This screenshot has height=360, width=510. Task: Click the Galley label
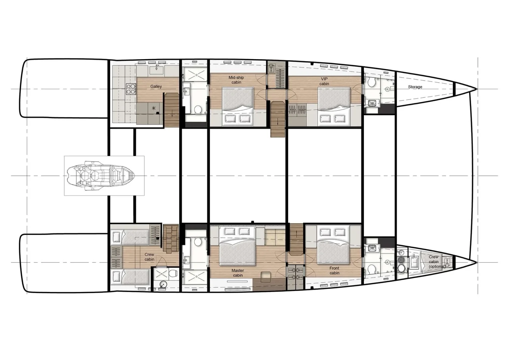tap(156, 87)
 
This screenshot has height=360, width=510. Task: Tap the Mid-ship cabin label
tap(236, 80)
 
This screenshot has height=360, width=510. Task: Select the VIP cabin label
tap(324, 81)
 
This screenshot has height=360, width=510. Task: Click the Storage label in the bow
tap(415, 87)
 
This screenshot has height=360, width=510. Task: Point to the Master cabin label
tap(238, 273)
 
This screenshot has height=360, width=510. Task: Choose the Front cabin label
tap(334, 270)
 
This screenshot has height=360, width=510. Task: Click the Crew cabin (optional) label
tap(435, 261)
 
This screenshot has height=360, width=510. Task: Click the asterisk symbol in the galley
tap(154, 108)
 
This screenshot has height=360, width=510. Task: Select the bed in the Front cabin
tap(333, 246)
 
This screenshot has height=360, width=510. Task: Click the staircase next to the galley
tap(172, 109)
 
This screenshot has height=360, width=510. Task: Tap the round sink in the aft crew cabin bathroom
tap(163, 285)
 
